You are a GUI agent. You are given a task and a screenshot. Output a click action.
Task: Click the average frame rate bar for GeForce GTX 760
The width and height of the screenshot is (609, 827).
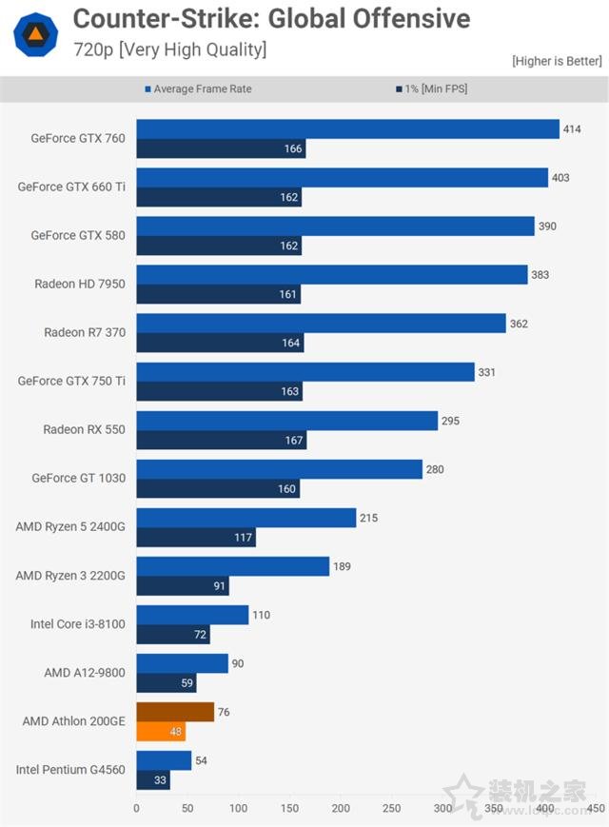click(347, 128)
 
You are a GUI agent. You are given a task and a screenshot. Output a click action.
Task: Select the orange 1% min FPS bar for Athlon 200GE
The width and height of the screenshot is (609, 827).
click(161, 731)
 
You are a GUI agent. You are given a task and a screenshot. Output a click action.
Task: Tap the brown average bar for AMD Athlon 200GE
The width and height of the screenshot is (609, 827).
click(175, 712)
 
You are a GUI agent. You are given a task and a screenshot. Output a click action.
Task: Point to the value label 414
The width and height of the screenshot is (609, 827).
click(572, 128)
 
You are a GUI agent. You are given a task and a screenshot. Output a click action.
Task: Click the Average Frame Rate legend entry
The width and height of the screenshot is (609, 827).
click(199, 89)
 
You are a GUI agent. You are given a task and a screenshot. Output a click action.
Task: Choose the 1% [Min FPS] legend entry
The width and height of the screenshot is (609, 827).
click(432, 89)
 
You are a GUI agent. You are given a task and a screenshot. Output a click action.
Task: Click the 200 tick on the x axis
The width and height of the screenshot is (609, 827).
click(341, 808)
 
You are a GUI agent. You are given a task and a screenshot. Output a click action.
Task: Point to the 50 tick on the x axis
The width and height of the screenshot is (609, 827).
click(187, 808)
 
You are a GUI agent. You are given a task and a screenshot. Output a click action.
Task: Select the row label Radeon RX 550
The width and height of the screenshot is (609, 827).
click(84, 429)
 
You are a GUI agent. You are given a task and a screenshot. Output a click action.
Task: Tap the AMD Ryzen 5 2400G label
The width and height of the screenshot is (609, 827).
click(70, 526)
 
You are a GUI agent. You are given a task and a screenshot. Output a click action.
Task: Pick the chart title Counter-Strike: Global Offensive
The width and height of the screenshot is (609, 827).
click(271, 18)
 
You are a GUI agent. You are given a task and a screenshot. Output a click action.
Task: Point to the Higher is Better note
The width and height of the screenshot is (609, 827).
click(557, 61)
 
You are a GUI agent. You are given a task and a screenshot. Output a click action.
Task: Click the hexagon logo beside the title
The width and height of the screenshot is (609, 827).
click(35, 33)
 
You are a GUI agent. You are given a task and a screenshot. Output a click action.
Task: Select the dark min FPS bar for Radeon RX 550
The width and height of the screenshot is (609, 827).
click(221, 440)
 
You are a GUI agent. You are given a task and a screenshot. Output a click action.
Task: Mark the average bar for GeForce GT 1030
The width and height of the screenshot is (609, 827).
click(279, 469)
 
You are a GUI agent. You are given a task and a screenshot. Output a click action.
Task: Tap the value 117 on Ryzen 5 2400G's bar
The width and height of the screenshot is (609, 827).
click(244, 538)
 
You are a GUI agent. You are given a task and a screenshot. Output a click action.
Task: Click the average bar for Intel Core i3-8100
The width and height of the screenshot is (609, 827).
click(192, 615)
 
